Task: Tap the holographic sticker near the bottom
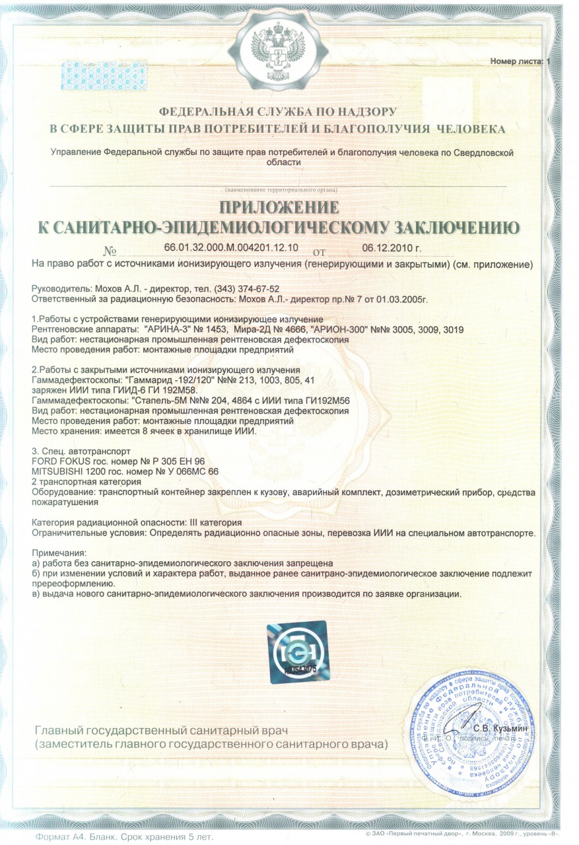[290, 648]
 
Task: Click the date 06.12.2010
[392, 248]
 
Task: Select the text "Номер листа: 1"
[520, 61]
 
